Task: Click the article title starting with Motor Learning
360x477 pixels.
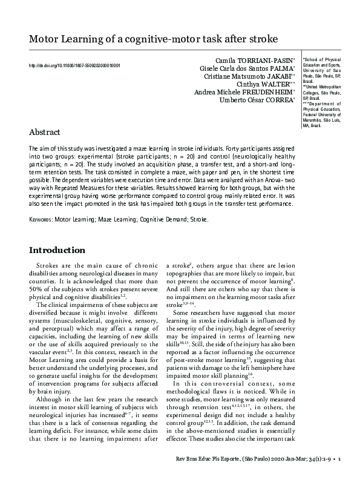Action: [154, 39]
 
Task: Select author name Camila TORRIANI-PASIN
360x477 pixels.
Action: [254, 62]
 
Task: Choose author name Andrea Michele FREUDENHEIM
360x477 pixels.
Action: [244, 92]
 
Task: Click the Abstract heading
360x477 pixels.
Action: [45, 132]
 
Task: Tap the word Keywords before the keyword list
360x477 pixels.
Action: [41, 220]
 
